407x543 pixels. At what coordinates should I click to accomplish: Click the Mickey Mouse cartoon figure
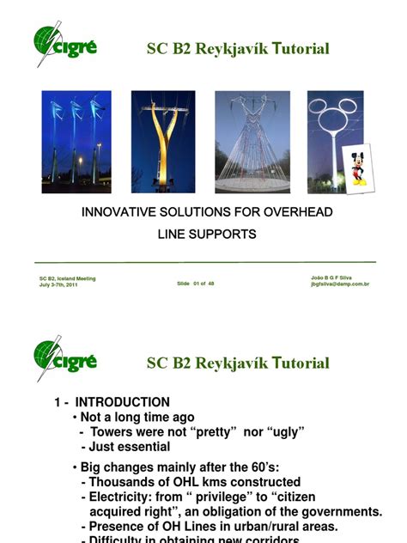point(355,168)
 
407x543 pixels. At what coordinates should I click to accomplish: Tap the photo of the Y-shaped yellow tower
point(162,142)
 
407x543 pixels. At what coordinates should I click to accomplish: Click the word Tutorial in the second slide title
point(298,363)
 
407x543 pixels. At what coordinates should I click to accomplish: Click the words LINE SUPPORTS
point(206,234)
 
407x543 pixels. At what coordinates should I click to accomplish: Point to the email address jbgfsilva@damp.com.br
point(340,284)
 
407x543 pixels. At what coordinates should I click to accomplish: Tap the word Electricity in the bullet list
point(125,497)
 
